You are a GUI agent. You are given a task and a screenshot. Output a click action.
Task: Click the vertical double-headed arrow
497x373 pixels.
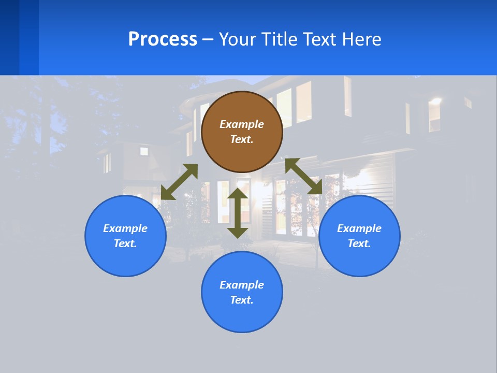coord(238,213)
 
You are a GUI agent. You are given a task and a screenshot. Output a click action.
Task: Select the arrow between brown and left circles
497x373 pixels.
coord(179,182)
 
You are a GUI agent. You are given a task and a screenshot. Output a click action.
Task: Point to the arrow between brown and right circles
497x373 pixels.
coord(304,177)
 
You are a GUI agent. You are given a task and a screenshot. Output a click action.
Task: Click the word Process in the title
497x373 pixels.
coord(163,39)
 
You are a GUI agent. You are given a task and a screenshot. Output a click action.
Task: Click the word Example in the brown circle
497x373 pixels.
coord(242,124)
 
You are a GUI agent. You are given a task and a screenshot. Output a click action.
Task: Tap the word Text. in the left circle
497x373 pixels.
coord(125,243)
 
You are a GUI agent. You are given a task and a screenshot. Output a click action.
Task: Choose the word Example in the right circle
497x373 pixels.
coord(359,228)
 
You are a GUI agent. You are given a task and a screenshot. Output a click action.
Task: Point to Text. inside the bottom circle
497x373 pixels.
coord(242,300)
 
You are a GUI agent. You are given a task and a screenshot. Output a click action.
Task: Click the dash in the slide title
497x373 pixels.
coord(208,39)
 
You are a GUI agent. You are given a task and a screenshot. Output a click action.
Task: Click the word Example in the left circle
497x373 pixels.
coord(125,228)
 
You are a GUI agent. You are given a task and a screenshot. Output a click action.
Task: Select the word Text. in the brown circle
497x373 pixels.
coord(242,139)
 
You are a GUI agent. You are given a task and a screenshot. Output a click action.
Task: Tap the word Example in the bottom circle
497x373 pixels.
coord(242,285)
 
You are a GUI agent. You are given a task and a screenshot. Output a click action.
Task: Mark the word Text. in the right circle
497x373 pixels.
coord(359,243)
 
